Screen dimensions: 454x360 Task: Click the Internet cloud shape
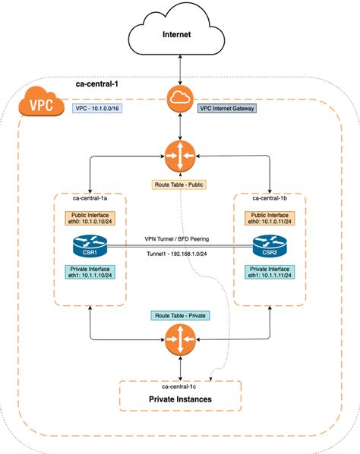pos(180,34)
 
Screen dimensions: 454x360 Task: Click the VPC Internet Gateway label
pos(227,109)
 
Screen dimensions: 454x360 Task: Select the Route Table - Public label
pos(180,184)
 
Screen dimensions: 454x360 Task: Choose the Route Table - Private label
pos(180,314)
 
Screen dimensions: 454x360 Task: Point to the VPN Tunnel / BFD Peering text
pos(180,238)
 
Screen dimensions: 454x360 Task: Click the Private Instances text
pos(180,399)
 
